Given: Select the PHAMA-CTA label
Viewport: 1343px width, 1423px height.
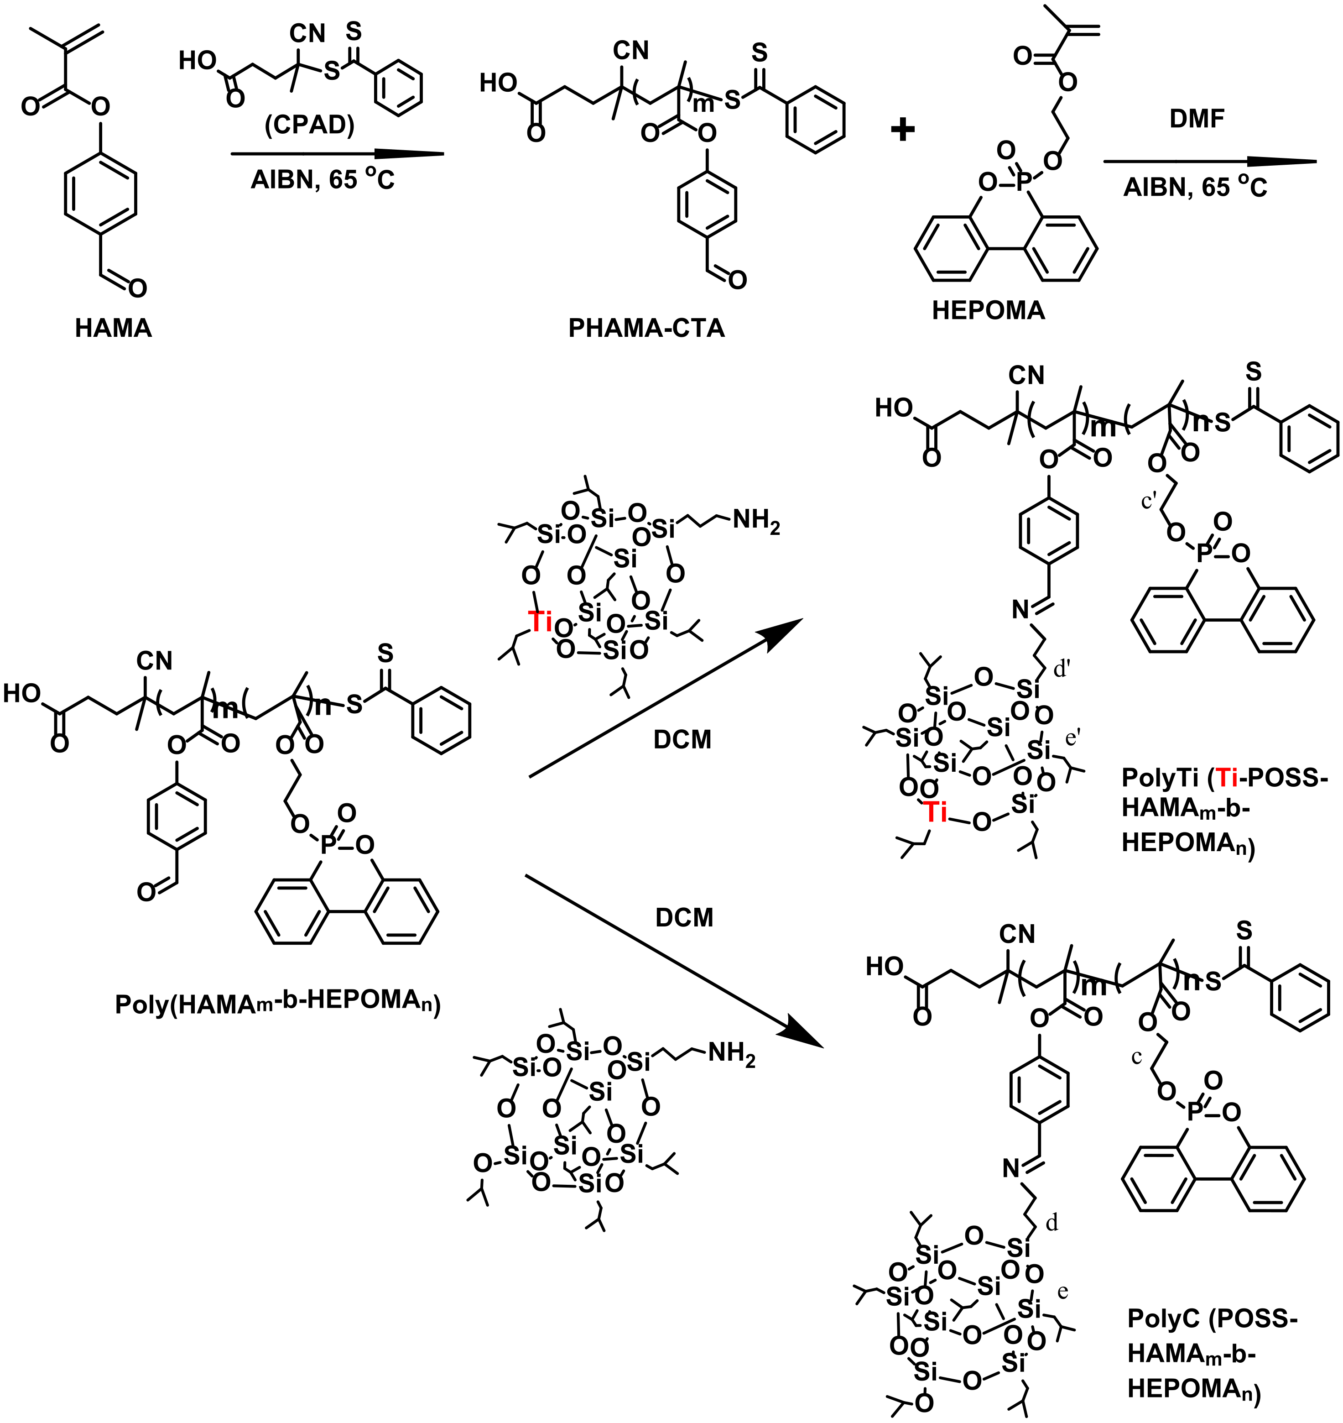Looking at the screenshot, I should (646, 328).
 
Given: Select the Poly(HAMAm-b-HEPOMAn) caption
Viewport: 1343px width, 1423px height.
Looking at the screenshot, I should (278, 1004).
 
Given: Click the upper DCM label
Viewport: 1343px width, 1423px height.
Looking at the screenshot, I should (682, 740).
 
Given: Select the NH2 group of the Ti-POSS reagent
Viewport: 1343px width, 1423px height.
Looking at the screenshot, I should (756, 521).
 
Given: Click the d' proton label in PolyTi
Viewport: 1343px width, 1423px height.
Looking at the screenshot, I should (1062, 671).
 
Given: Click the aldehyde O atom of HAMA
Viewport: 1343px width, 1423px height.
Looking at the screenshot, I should (137, 288).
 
